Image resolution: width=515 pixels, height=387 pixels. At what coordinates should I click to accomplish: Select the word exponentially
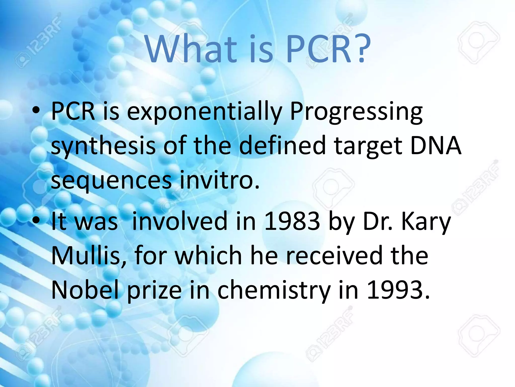[x=204, y=112]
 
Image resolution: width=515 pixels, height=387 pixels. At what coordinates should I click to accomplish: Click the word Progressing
[x=356, y=112]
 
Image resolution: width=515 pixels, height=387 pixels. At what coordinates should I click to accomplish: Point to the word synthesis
[x=103, y=146]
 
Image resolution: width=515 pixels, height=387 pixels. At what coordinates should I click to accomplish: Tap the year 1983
[x=292, y=221]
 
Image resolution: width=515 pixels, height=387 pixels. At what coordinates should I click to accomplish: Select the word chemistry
[x=274, y=290]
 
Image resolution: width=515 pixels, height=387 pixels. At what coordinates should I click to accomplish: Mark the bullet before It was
[x=36, y=220]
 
